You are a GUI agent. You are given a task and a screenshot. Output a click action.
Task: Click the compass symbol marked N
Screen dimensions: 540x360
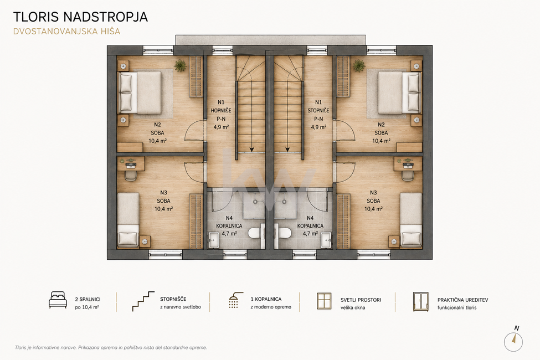(x=513, y=341)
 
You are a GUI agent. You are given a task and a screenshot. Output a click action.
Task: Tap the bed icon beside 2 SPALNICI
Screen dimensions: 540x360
(x=58, y=300)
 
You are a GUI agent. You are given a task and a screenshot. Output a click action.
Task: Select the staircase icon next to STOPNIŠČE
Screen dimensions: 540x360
(x=143, y=301)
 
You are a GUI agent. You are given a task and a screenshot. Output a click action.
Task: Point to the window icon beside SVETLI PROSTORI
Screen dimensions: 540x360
(x=324, y=301)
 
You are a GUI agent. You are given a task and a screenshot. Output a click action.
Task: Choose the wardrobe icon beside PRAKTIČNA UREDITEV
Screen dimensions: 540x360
(x=421, y=302)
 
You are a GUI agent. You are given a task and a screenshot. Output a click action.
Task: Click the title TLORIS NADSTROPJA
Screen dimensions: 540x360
(x=81, y=17)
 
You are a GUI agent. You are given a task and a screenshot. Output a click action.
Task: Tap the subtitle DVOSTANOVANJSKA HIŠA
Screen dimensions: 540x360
(x=67, y=32)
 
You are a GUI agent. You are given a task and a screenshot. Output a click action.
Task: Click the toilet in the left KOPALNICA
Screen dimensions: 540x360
(x=255, y=233)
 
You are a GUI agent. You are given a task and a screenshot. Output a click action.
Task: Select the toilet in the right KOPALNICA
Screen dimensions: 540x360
(x=284, y=233)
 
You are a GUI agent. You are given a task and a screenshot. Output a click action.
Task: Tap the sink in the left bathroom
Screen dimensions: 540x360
(x=215, y=239)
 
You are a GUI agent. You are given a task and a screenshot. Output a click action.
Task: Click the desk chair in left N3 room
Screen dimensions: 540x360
(x=130, y=176)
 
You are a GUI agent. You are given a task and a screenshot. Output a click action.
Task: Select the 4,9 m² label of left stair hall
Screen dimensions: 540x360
(x=221, y=127)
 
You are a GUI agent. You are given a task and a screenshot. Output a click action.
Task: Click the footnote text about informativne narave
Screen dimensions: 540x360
(x=111, y=348)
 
